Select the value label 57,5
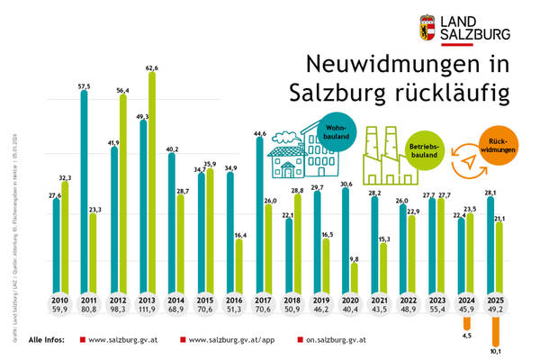click(x=84, y=85)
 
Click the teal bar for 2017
click(x=260, y=215)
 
